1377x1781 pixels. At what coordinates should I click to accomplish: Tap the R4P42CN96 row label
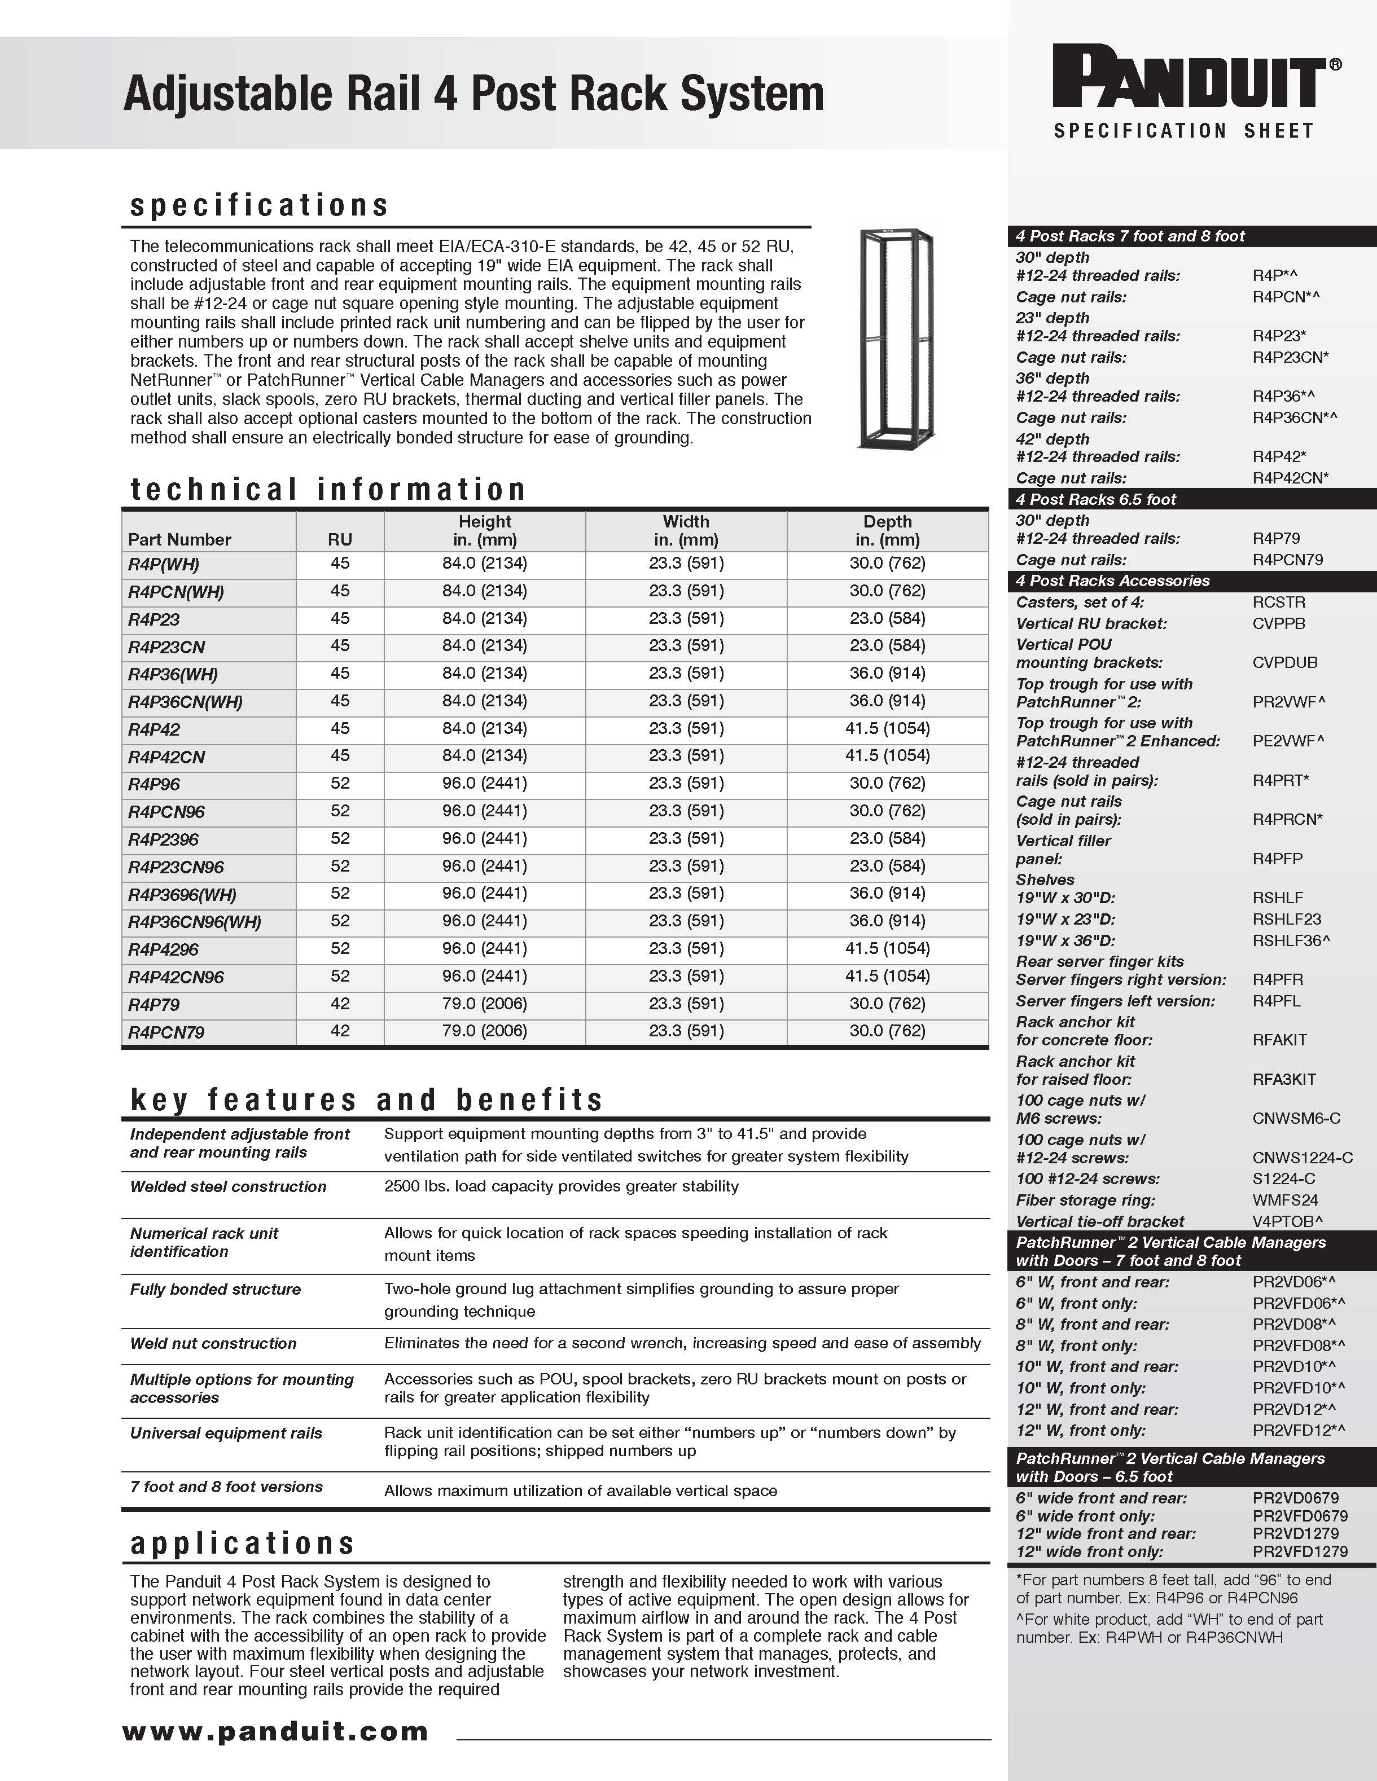coord(176,977)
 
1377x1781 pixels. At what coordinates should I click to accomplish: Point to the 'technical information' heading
coord(328,489)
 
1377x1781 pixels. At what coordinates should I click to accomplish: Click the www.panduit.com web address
coord(275,1730)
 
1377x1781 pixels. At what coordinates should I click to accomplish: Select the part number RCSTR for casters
coord(1278,603)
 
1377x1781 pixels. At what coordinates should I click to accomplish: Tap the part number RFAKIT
coord(1279,1040)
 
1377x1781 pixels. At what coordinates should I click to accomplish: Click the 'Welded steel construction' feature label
coord(227,1186)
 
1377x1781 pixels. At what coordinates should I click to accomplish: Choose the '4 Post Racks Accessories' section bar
coord(1113,581)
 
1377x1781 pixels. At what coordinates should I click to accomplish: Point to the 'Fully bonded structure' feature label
coord(216,1289)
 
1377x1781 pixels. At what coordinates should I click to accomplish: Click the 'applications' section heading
coord(242,1543)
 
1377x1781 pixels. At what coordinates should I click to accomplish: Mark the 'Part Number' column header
coord(179,539)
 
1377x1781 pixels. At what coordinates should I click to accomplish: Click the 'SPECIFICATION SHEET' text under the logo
coord(1183,130)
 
